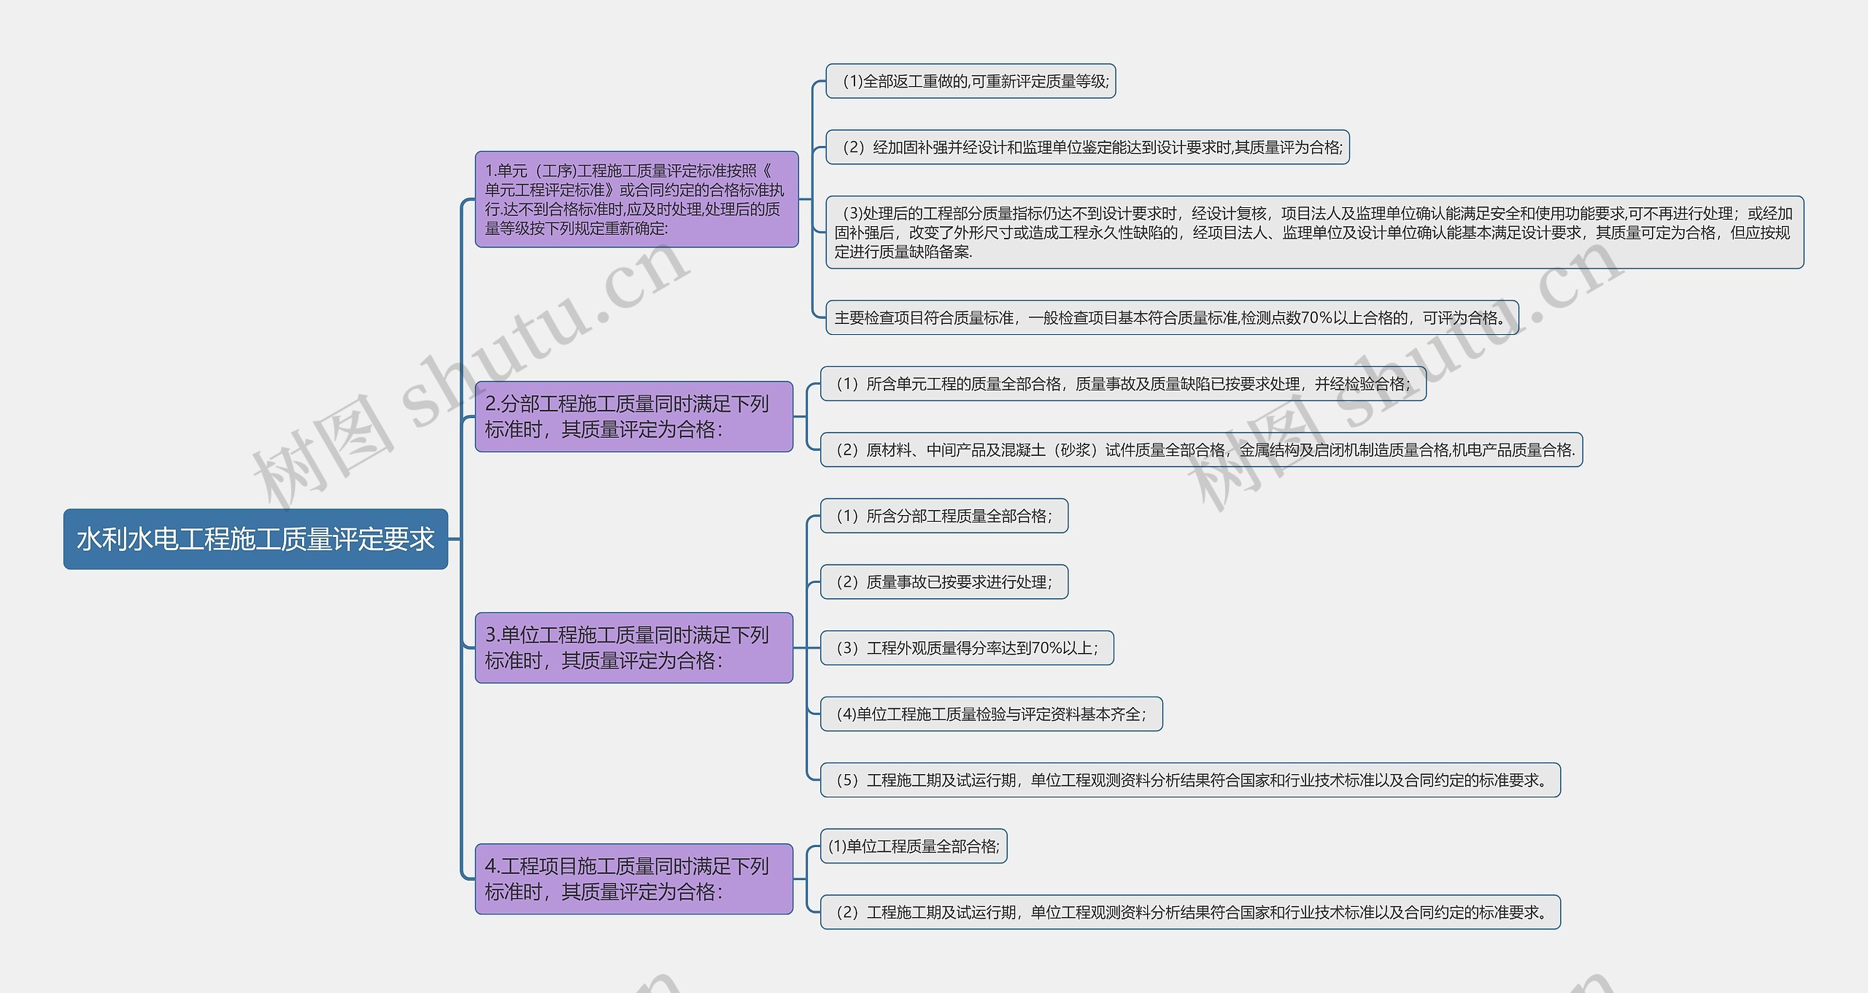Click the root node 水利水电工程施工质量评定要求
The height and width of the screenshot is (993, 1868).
pyautogui.click(x=255, y=539)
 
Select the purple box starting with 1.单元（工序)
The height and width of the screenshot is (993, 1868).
pyautogui.click(x=636, y=199)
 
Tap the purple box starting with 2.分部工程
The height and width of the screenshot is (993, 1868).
pyautogui.click(x=634, y=417)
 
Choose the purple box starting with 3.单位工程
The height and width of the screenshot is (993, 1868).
pyautogui.click(x=634, y=648)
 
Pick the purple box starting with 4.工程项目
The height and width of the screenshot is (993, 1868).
pyautogui.click(x=634, y=879)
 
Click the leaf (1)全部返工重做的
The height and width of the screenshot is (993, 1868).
pyautogui.click(x=970, y=81)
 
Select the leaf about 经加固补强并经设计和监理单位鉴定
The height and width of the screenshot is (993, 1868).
pyautogui.click(x=1087, y=147)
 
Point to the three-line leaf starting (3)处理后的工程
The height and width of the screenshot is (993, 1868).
pyautogui.click(x=1314, y=233)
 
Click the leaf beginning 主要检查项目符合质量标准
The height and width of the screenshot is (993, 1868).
pyautogui.click(x=1172, y=317)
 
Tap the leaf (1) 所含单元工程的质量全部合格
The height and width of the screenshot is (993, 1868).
pyautogui.click(x=1123, y=384)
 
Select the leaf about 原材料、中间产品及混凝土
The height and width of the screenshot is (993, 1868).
pyautogui.click(x=1201, y=449)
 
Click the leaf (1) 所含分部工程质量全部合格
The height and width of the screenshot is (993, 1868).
pyautogui.click(x=944, y=516)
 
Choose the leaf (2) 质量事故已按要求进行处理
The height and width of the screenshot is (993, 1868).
pyautogui.click(x=944, y=582)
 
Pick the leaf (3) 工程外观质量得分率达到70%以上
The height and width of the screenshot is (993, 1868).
pyautogui.click(x=967, y=648)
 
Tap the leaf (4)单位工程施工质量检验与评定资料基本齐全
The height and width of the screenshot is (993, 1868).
pyautogui.click(x=991, y=714)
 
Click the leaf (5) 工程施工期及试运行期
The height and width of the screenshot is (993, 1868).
pyautogui.click(x=1190, y=780)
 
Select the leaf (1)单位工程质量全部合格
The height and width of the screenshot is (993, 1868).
pyautogui.click(x=914, y=846)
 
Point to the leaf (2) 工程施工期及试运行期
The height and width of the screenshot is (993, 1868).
pyautogui.click(x=1190, y=912)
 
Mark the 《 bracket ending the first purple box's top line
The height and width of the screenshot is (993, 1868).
pyautogui.click(x=767, y=171)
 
